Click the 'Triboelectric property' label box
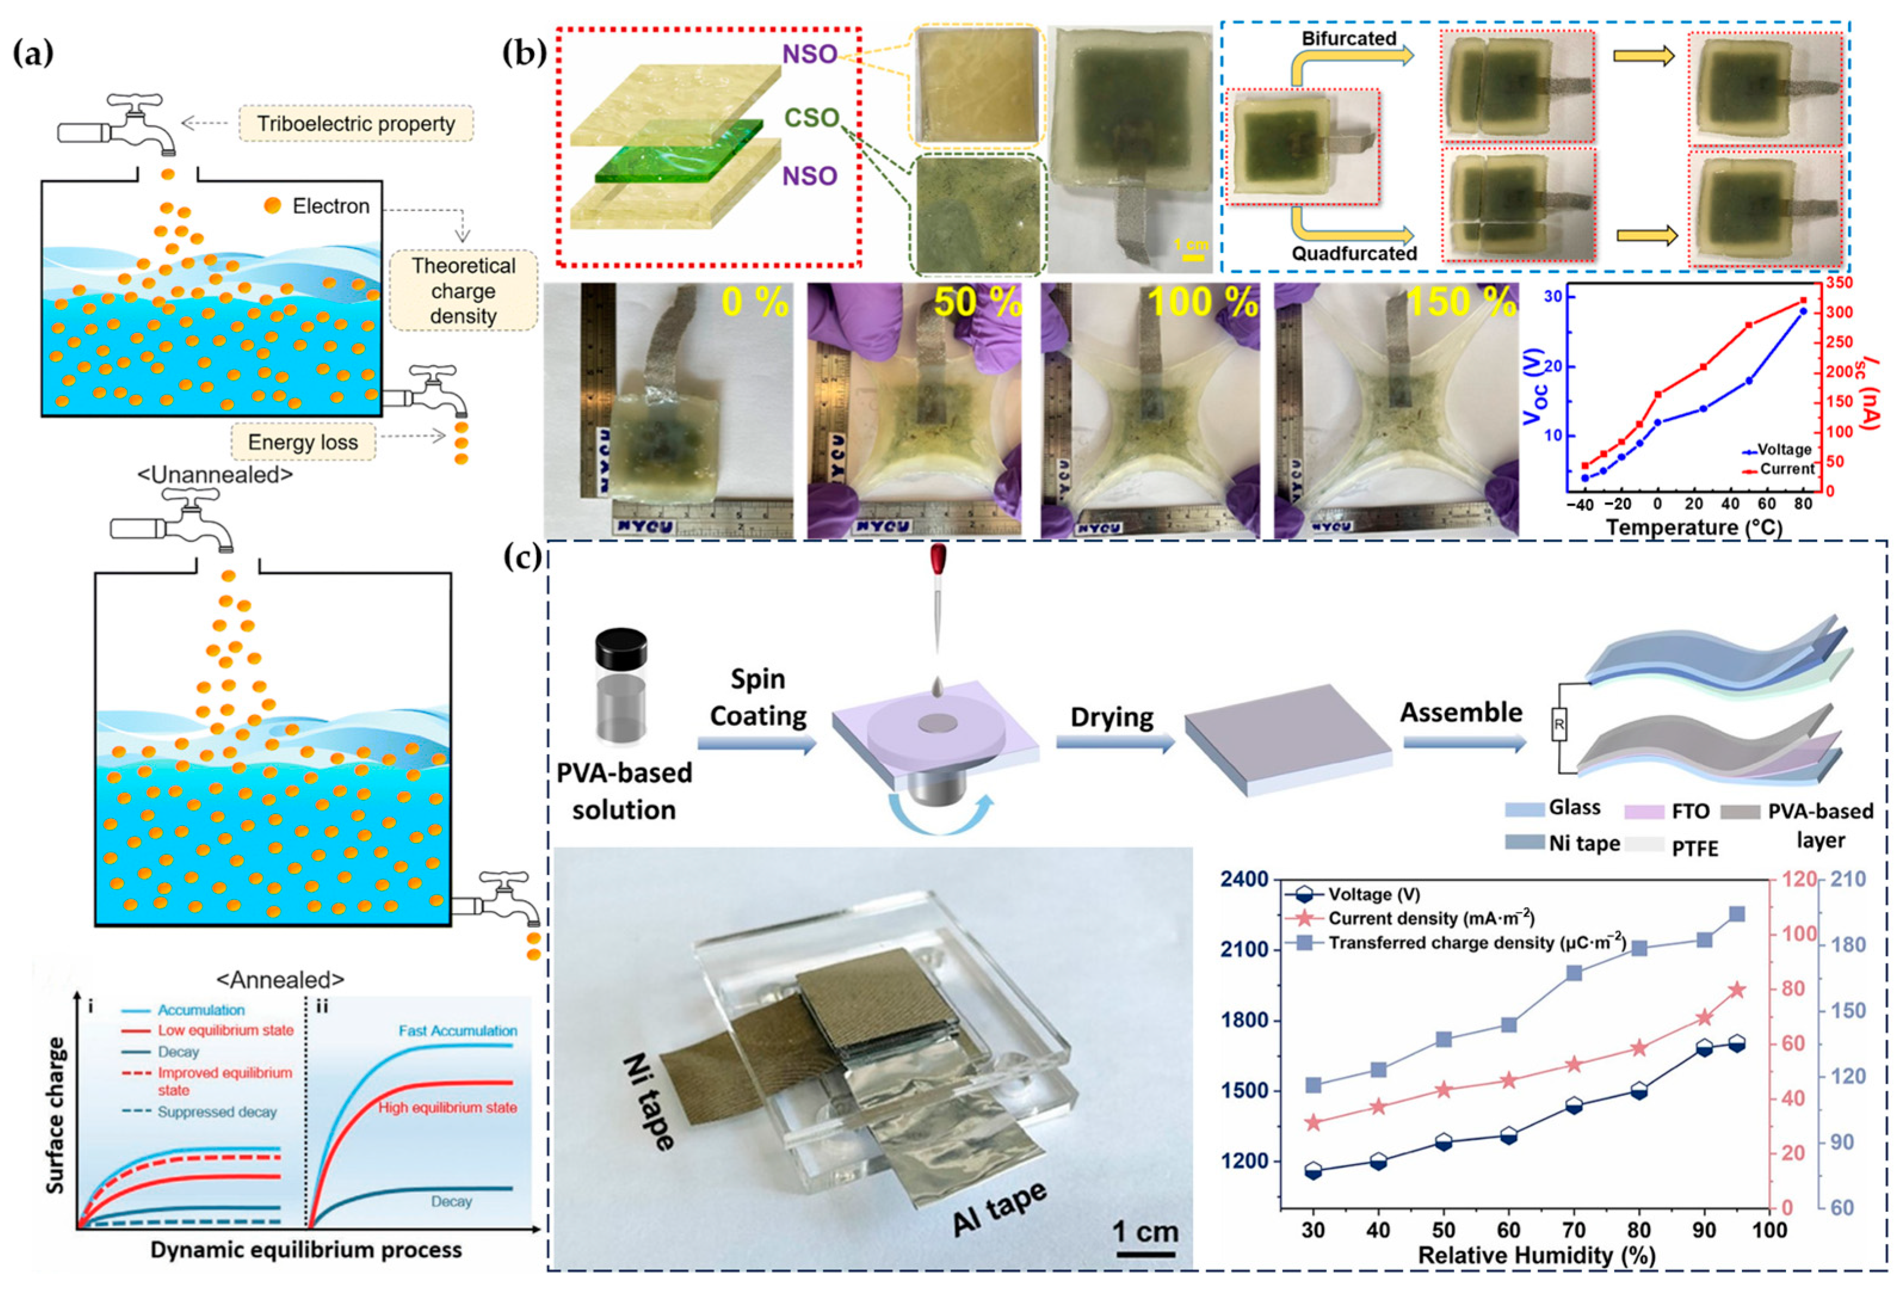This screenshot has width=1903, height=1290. point(356,125)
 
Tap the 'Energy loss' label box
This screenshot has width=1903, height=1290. point(303,443)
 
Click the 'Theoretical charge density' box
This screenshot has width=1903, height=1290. point(464,290)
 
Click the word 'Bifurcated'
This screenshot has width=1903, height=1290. point(1349,39)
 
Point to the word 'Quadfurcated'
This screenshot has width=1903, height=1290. point(1354,253)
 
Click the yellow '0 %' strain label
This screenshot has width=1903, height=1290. point(754,303)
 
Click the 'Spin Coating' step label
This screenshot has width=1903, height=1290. point(758,697)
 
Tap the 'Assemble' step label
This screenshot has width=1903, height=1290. point(1461,712)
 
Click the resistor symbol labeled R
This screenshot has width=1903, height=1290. point(1558,725)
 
